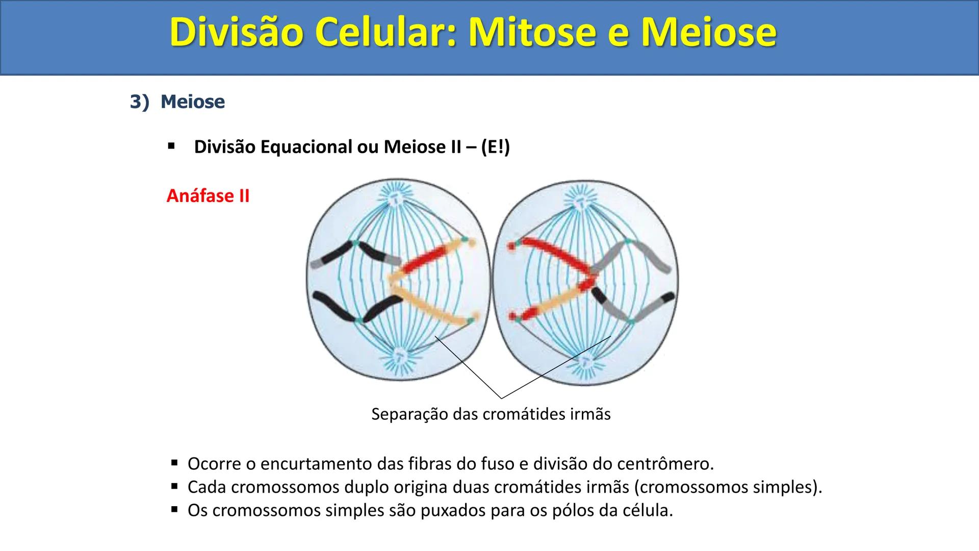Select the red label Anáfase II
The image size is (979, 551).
click(208, 196)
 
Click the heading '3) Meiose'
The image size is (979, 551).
click(177, 102)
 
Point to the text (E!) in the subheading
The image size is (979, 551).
click(495, 147)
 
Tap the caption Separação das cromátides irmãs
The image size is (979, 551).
click(491, 414)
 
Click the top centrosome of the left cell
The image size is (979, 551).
click(396, 201)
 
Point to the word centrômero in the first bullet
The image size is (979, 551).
click(665, 464)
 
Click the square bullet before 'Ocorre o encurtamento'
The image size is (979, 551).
click(174, 463)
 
